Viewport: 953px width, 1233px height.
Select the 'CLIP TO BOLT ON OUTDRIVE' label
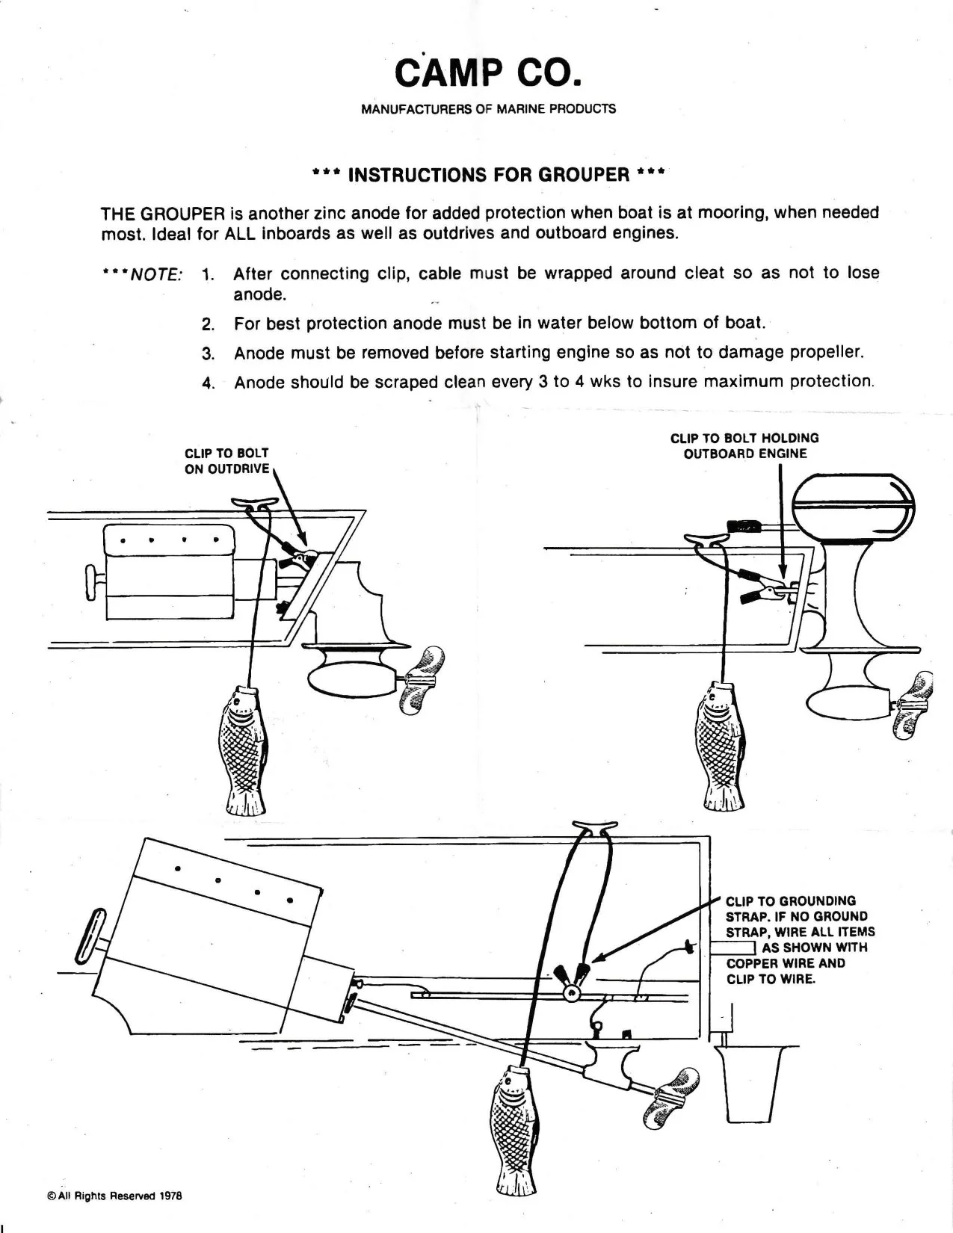point(226,461)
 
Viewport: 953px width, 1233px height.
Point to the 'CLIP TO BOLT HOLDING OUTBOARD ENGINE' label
point(744,445)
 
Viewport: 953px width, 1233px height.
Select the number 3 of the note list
point(209,353)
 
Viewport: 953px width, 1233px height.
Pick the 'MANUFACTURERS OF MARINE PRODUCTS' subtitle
point(488,109)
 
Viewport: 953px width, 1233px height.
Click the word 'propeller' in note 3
point(821,352)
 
